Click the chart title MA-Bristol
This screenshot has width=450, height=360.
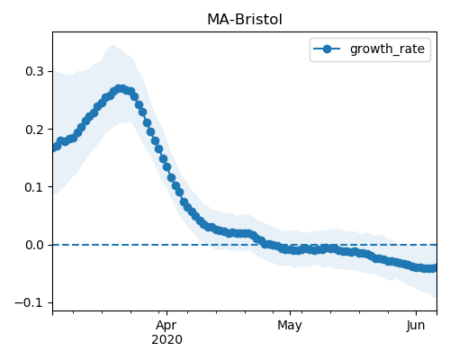245,20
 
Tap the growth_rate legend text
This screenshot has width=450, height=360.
387,49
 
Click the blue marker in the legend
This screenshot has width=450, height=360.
327,49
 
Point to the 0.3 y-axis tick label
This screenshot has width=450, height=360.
35,71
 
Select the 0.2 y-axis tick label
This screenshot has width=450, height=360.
35,130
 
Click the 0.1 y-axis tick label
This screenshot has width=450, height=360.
35,187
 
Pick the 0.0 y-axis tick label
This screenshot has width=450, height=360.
35,245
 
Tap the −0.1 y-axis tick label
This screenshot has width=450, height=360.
29,302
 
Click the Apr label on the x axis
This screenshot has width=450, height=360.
166,326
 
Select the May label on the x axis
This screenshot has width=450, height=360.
290,326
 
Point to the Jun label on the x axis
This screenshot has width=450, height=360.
416,326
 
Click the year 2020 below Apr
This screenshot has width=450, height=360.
166,339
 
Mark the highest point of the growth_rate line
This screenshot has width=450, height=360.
121,89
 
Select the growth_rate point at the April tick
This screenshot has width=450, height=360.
166,166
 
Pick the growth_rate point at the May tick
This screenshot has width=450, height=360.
290,249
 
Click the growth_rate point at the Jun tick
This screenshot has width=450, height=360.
416,266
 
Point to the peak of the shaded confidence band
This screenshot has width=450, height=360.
113,45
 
